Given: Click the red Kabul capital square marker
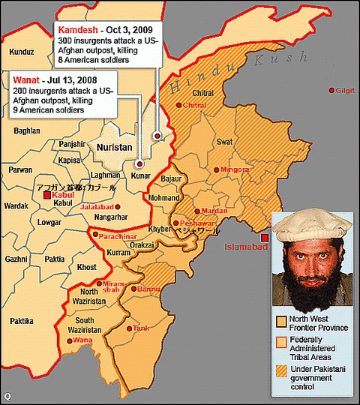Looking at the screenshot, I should click(x=47, y=195).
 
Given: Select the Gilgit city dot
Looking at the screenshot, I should click(x=332, y=90).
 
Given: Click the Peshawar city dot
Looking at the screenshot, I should click(x=175, y=223).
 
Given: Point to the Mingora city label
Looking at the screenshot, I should click(x=234, y=169).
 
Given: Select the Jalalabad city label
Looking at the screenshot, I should click(x=97, y=205).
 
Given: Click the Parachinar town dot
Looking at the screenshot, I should click(x=94, y=235).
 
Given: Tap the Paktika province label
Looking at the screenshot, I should click(x=22, y=321).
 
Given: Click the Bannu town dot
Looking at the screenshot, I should click(x=134, y=289).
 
